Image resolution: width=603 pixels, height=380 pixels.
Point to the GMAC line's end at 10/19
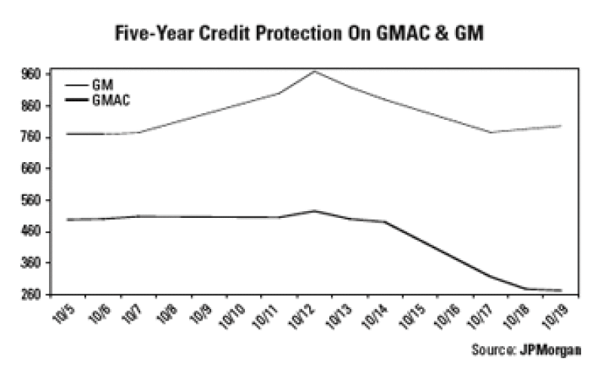click(x=562, y=290)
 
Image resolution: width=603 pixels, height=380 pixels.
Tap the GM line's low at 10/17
click(x=491, y=133)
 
